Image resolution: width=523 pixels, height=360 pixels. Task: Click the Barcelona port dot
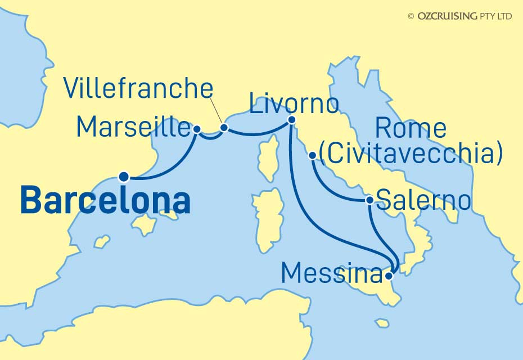pos(124,177)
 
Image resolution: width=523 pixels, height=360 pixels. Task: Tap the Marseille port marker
pos(197,128)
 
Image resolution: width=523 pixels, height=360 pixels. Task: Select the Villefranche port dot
pos(224,128)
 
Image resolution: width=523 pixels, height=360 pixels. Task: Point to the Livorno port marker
pos(292,120)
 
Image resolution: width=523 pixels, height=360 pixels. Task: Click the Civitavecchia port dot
pos(313,155)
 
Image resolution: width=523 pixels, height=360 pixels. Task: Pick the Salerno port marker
pos(369,200)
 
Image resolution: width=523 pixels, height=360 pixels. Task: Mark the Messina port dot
pos(389,275)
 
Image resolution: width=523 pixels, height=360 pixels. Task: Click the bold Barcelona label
pos(105,201)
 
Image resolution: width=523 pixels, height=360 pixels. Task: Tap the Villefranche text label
pos(138,89)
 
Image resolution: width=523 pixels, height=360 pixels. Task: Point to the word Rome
pos(411,129)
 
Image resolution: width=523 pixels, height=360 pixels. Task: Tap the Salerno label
pos(425,200)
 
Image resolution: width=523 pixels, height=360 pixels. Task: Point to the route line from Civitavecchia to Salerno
pos(332,188)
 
